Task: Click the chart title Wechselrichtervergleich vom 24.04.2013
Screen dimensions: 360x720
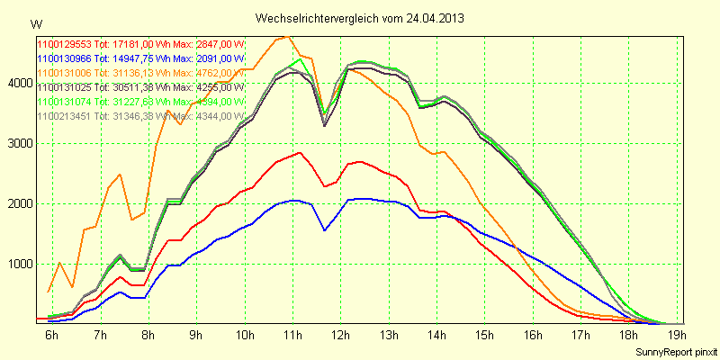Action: click(x=359, y=17)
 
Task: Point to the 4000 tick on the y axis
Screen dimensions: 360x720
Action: click(x=19, y=83)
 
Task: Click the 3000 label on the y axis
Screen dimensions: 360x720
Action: click(x=19, y=143)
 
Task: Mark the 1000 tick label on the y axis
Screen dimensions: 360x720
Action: click(x=19, y=264)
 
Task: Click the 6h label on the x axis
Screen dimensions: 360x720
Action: click(x=52, y=336)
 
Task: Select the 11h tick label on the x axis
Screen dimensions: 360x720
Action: click(x=291, y=336)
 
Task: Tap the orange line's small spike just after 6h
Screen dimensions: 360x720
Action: click(x=59, y=263)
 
